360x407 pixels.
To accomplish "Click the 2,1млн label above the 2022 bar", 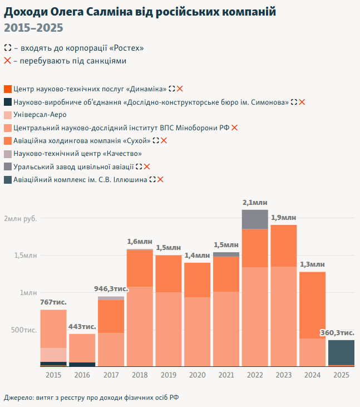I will click(x=255, y=203).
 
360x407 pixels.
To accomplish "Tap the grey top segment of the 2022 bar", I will click(x=255, y=219).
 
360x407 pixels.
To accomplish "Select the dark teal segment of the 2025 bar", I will click(x=341, y=352).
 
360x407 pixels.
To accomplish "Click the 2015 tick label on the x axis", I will click(x=53, y=376).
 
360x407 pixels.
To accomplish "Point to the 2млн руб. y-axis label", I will click(x=21, y=218).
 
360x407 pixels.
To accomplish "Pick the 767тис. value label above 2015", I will click(x=53, y=302).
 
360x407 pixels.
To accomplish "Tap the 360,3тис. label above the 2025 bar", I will click(x=337, y=332).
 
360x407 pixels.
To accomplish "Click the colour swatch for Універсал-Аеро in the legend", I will click(x=7, y=115).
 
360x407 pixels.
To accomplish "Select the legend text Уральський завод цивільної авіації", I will click(x=73, y=166).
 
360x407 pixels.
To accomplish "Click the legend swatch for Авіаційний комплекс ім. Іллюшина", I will click(x=7, y=179).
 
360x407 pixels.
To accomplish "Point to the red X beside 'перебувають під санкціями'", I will click(x=7, y=61).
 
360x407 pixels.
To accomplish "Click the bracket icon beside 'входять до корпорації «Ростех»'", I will click(x=7, y=48).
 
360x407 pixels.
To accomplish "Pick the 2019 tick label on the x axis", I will click(x=169, y=376).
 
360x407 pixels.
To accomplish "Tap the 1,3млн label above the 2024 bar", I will click(x=312, y=264).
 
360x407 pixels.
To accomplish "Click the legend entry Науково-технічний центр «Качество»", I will click(x=77, y=154).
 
